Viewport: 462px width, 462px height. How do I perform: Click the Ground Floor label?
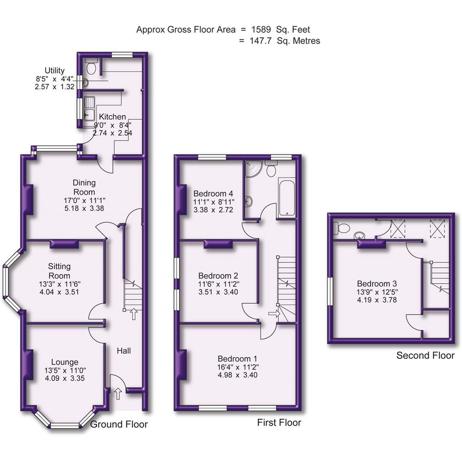click(119, 424)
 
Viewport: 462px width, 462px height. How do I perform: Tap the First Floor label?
click(279, 423)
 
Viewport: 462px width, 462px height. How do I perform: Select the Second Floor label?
click(425, 355)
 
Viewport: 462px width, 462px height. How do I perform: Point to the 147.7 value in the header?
click(264, 41)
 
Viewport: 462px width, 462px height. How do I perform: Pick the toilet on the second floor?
click(342, 228)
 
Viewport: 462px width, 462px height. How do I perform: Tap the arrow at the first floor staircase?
click(272, 314)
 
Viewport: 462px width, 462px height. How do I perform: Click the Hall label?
click(124, 351)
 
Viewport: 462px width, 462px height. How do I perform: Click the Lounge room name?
click(65, 362)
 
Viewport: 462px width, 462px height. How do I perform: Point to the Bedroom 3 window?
click(330, 291)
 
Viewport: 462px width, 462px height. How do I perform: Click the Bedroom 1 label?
click(237, 358)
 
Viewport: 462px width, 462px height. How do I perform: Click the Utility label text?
click(54, 71)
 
